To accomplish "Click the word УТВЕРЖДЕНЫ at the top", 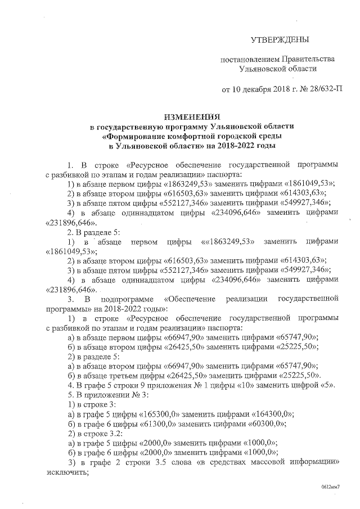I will point(280,40).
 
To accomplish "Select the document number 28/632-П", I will point(322,89).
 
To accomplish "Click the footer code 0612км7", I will point(331,488).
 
